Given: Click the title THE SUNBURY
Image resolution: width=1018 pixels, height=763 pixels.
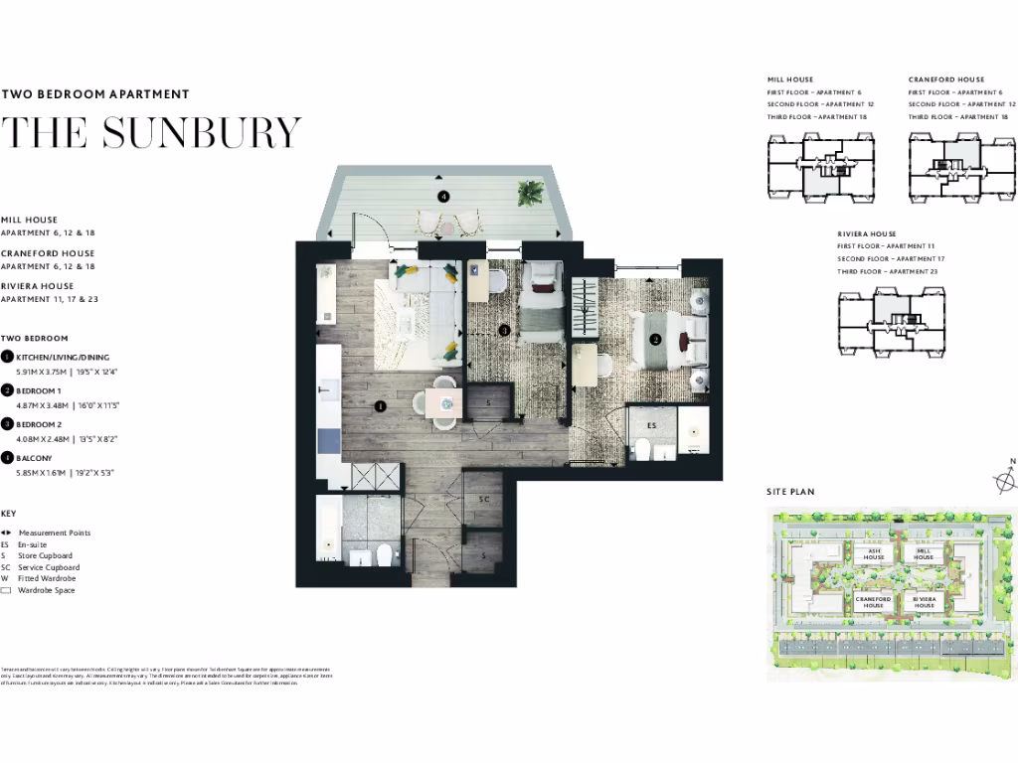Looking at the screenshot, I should click(x=150, y=132).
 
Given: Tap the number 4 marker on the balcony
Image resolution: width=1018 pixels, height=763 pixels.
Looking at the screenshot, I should click(x=443, y=197).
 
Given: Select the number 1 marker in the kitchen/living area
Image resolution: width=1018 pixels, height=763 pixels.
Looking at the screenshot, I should click(x=380, y=405).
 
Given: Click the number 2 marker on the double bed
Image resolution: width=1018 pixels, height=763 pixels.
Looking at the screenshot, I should click(x=654, y=339).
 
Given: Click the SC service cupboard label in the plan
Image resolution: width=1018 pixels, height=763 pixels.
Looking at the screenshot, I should click(x=485, y=500).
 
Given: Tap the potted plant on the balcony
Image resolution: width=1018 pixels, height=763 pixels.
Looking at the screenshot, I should click(x=530, y=192).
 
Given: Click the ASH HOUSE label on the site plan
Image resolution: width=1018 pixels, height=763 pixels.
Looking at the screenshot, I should click(x=873, y=554).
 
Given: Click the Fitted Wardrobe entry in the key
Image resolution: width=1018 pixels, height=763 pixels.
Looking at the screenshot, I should click(x=46, y=578).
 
